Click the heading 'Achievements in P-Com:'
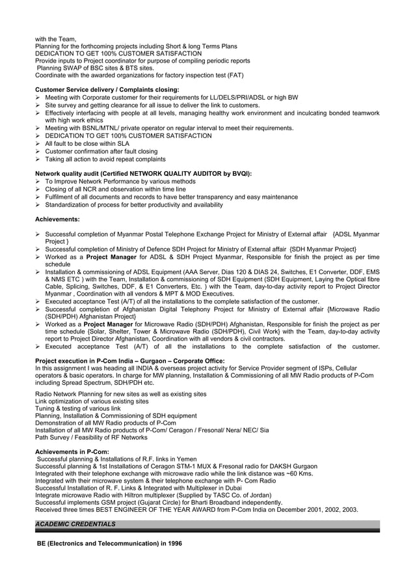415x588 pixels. pos(72,451)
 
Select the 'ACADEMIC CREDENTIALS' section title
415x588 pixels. pos(75,524)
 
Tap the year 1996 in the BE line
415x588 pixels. pos(174,543)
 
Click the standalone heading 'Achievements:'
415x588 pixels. pos(57,219)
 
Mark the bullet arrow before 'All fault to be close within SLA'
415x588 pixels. pos(38,144)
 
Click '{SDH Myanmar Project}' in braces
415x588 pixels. pos(323,249)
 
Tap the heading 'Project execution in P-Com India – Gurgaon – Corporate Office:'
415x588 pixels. pos(130,361)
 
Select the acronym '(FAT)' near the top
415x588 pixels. pos(235,75)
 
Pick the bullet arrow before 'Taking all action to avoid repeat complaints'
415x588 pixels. pos(38,160)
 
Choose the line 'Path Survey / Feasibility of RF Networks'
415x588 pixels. pos(91,438)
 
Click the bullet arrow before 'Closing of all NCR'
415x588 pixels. pos(38,189)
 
